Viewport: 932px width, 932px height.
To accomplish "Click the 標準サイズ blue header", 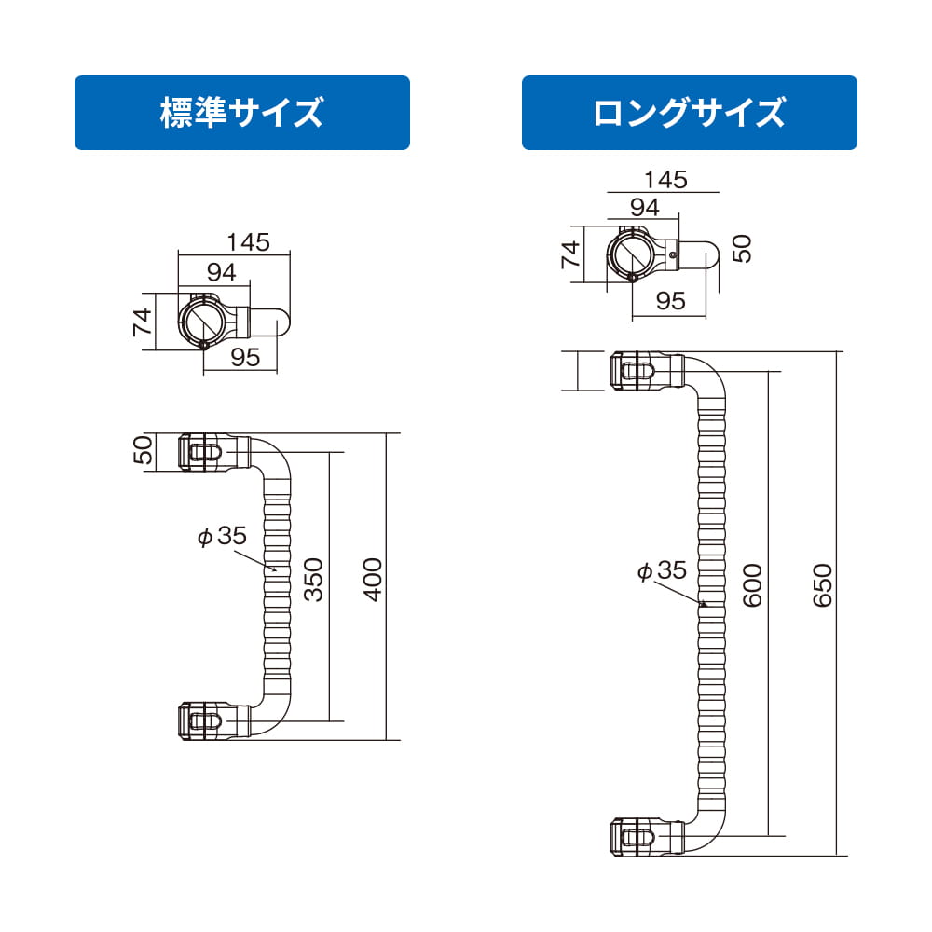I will [241, 113].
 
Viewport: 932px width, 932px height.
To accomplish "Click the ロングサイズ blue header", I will [689, 113].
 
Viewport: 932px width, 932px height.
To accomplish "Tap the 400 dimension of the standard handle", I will [373, 579].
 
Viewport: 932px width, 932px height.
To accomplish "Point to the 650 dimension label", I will [822, 585].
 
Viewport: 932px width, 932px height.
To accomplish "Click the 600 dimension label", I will [752, 585].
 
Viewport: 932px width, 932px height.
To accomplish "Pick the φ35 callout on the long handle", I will [662, 570].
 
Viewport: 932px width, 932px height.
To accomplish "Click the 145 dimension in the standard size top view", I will [247, 242].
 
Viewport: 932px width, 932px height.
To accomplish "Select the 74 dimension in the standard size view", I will [142, 322].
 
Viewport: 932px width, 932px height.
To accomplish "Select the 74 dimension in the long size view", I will [570, 254].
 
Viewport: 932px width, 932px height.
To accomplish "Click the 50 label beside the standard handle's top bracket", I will [142, 452].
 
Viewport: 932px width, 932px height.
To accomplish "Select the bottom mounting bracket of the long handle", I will [643, 837].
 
